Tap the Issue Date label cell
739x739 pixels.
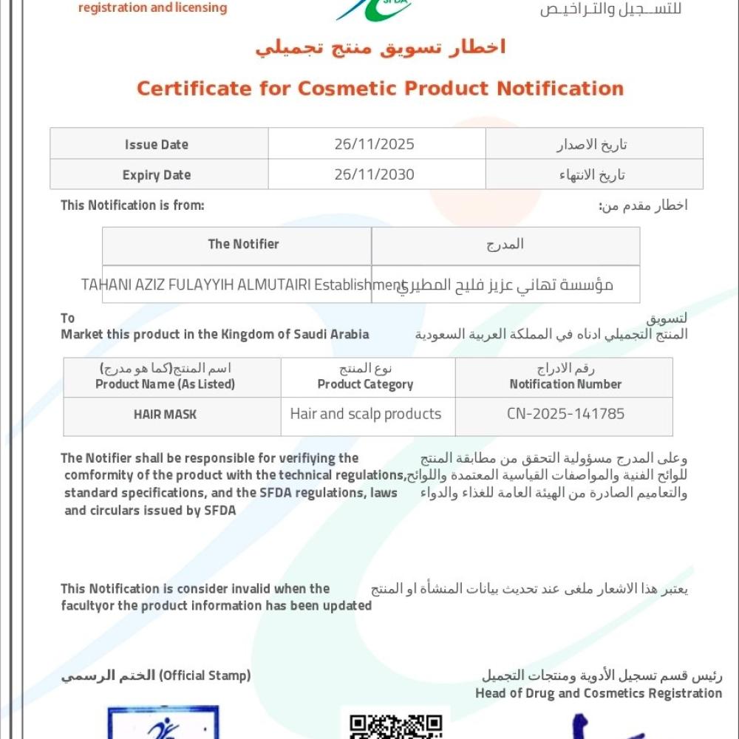point(157,144)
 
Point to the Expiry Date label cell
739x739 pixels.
point(157,175)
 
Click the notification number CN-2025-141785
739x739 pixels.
point(565,414)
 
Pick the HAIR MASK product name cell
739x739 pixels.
point(166,415)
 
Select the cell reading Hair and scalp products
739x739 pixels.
point(366,414)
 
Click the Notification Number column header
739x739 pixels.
point(565,384)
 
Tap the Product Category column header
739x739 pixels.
point(366,384)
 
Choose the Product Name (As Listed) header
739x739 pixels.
point(166,384)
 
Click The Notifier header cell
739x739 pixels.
point(244,244)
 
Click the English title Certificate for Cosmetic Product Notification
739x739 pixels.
point(380,89)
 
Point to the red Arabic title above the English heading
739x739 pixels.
point(381,47)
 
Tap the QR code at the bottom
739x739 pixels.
point(395,726)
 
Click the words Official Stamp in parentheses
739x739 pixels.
point(205,675)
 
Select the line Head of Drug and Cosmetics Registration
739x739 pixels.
point(599,693)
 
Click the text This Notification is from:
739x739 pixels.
point(132,205)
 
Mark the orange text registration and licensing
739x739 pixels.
point(152,9)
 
